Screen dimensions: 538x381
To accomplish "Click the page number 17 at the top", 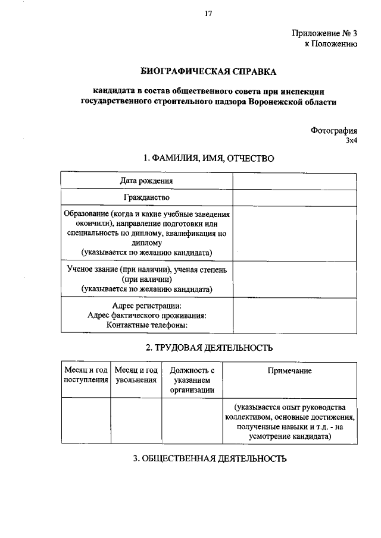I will pyautogui.click(x=208, y=14).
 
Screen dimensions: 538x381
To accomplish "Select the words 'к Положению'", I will pyautogui.click(x=330, y=44).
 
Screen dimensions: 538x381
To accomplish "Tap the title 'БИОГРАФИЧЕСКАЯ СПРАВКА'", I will pyautogui.click(x=208, y=72).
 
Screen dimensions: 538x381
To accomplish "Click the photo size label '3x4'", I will pyautogui.click(x=351, y=141).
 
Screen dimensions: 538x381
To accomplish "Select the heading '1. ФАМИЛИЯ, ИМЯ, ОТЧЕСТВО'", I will pyautogui.click(x=208, y=159).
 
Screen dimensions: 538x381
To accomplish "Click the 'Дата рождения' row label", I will pyautogui.click(x=146, y=181).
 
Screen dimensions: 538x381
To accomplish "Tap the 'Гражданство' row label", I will pyautogui.click(x=146, y=197).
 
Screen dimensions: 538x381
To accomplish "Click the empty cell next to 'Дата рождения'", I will pyautogui.click(x=295, y=181).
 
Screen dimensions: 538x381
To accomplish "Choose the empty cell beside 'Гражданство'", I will pyautogui.click(x=295, y=197).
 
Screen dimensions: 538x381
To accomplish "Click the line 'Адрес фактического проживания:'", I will pyautogui.click(x=146, y=316).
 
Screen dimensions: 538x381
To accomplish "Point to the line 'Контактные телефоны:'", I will pyautogui.click(x=146, y=325).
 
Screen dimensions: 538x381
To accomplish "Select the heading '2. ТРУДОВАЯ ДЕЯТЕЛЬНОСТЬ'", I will pyautogui.click(x=208, y=347).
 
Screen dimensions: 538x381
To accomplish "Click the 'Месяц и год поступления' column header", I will pyautogui.click(x=86, y=375).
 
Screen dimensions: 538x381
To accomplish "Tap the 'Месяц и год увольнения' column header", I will pyautogui.click(x=136, y=375).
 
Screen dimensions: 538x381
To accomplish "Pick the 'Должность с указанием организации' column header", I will pyautogui.click(x=192, y=380).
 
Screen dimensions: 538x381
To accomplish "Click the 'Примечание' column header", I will pyautogui.click(x=289, y=371).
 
